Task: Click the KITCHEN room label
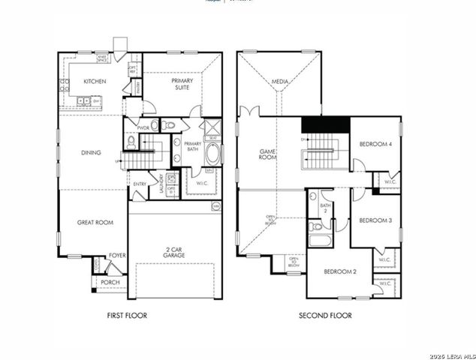coord(95,80)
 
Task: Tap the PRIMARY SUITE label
coord(182,83)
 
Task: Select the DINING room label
coord(92,153)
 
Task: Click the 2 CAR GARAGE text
coord(175,252)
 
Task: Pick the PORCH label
coord(110,282)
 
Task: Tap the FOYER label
coord(117,255)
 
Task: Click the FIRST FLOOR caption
coord(126,316)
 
